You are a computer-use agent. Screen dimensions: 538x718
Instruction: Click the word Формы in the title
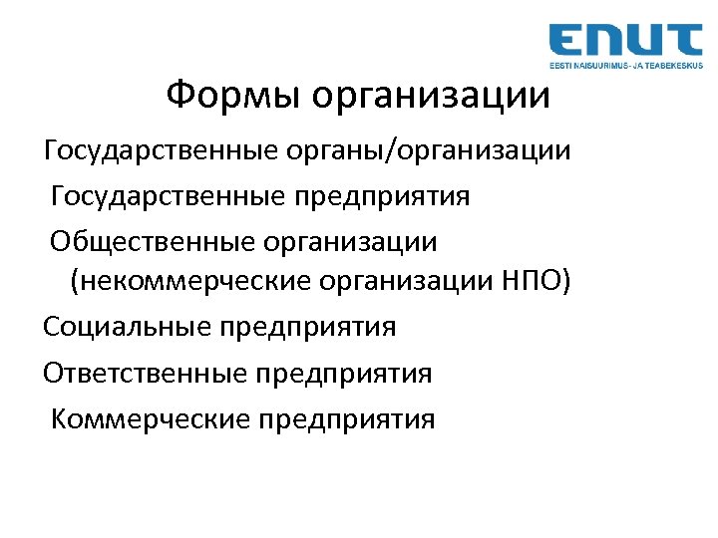pos(234,97)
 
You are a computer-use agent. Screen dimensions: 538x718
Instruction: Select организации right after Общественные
pos(363,241)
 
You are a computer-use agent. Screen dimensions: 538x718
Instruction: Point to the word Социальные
pos(127,327)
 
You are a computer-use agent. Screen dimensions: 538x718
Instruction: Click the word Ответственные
pos(146,374)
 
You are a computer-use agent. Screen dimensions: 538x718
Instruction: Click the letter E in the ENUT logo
pos(570,40)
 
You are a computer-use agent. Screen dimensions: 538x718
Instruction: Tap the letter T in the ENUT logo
pos(685,40)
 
